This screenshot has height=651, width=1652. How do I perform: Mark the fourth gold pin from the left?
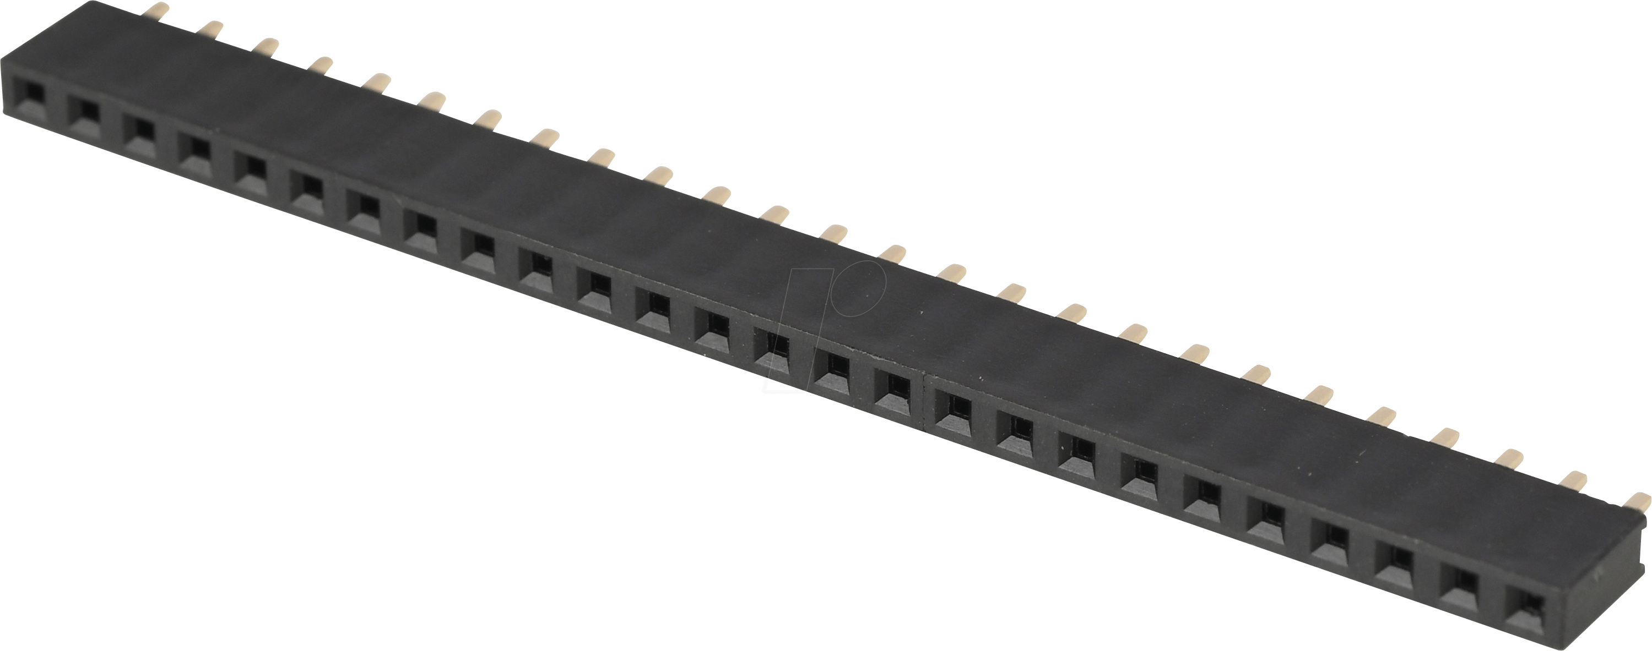pyautogui.click(x=321, y=64)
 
